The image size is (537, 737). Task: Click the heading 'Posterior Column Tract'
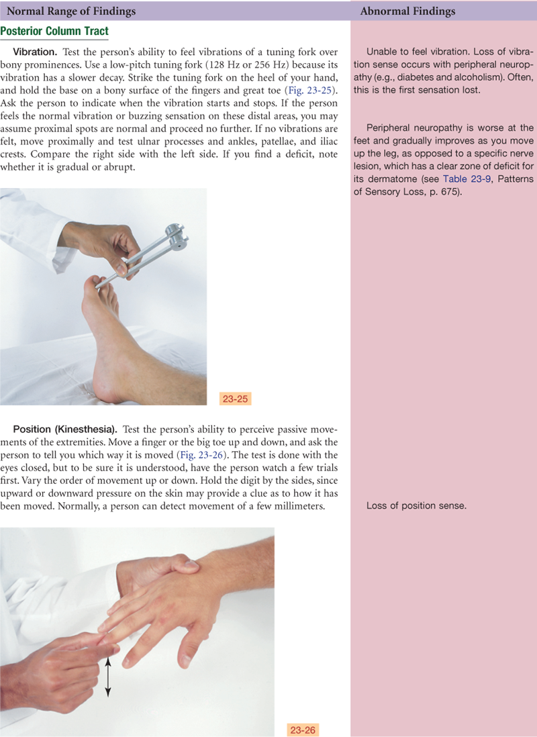(54, 31)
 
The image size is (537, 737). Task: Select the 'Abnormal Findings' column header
(407, 11)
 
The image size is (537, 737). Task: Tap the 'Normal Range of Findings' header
(71, 11)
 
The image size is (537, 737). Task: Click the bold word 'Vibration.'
(36, 52)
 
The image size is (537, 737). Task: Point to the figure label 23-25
(235, 399)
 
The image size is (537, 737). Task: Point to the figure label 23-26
(303, 730)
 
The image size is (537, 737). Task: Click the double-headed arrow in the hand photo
(107, 677)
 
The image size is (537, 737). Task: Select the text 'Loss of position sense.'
(416, 505)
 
